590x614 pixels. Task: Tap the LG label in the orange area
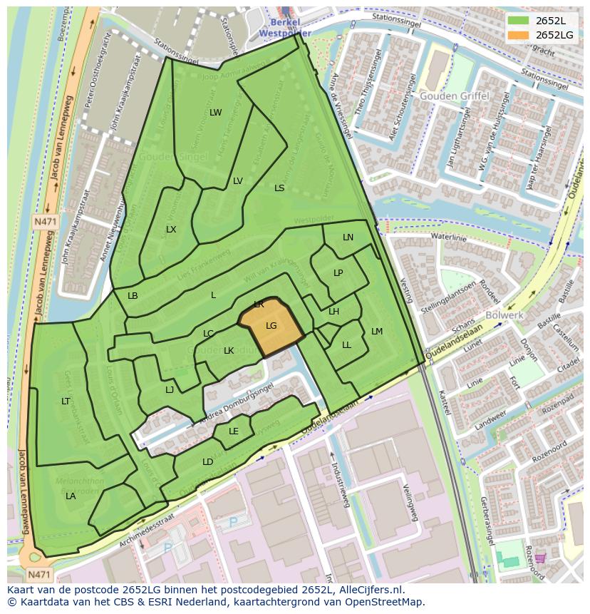pyautogui.click(x=271, y=326)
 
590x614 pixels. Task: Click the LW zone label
pyautogui.click(x=215, y=113)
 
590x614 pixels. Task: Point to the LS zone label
pyautogui.click(x=279, y=188)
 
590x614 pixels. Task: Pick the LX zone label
pyautogui.click(x=171, y=230)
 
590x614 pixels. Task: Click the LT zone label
pyautogui.click(x=66, y=401)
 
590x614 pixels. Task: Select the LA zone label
pyautogui.click(x=71, y=496)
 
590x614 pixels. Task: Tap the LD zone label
pyautogui.click(x=207, y=462)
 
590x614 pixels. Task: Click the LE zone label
pyautogui.click(x=234, y=431)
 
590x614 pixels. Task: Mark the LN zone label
pyautogui.click(x=348, y=237)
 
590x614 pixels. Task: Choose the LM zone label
pyautogui.click(x=377, y=332)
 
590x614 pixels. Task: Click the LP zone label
pyautogui.click(x=338, y=273)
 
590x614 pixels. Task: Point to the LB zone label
pyautogui.click(x=133, y=296)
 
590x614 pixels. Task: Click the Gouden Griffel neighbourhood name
pyautogui.click(x=453, y=96)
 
